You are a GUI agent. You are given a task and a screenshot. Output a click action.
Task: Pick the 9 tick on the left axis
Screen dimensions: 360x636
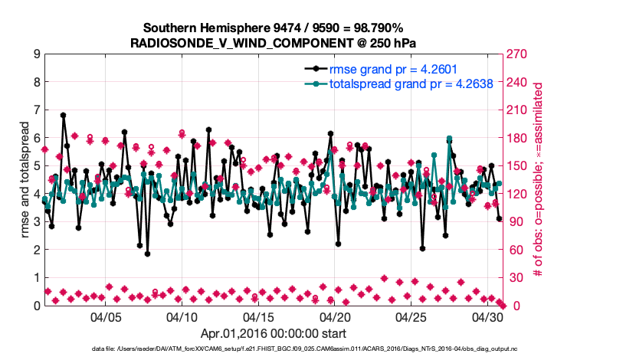point(36,54)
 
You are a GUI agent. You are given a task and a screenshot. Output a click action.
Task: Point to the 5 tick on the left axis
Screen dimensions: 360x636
point(36,166)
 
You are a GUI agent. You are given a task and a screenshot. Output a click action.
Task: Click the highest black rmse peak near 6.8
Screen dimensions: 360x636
point(63,116)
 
